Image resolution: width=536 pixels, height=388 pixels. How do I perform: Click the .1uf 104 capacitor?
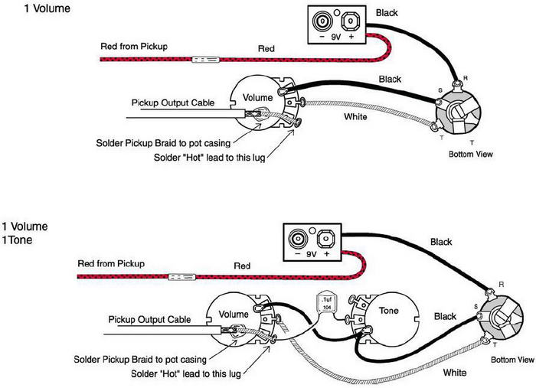(x=327, y=303)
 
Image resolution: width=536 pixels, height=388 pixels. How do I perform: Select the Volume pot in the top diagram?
(x=264, y=102)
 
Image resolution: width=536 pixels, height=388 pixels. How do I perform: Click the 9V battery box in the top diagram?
(x=337, y=24)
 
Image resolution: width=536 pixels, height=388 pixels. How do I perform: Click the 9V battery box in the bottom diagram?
(x=312, y=242)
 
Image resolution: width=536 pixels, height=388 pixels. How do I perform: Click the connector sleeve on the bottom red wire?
(x=182, y=277)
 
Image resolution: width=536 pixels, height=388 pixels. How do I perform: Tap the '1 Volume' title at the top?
(x=47, y=8)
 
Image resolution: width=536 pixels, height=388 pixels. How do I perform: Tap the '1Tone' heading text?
(x=17, y=240)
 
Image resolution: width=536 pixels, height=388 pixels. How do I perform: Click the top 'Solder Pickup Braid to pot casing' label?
(x=163, y=143)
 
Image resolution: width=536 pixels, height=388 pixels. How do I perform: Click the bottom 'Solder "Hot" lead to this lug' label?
(x=185, y=373)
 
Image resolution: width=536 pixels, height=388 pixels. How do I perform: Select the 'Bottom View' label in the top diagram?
(x=471, y=154)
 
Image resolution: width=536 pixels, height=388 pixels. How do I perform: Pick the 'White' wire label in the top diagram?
(x=355, y=117)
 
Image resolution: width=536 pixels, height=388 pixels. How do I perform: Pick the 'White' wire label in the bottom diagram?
(x=455, y=372)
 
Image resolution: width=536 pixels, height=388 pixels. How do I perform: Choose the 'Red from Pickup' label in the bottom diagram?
(x=111, y=264)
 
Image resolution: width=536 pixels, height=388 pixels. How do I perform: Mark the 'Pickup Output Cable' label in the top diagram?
(x=173, y=103)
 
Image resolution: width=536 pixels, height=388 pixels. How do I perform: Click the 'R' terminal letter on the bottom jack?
(x=501, y=285)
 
